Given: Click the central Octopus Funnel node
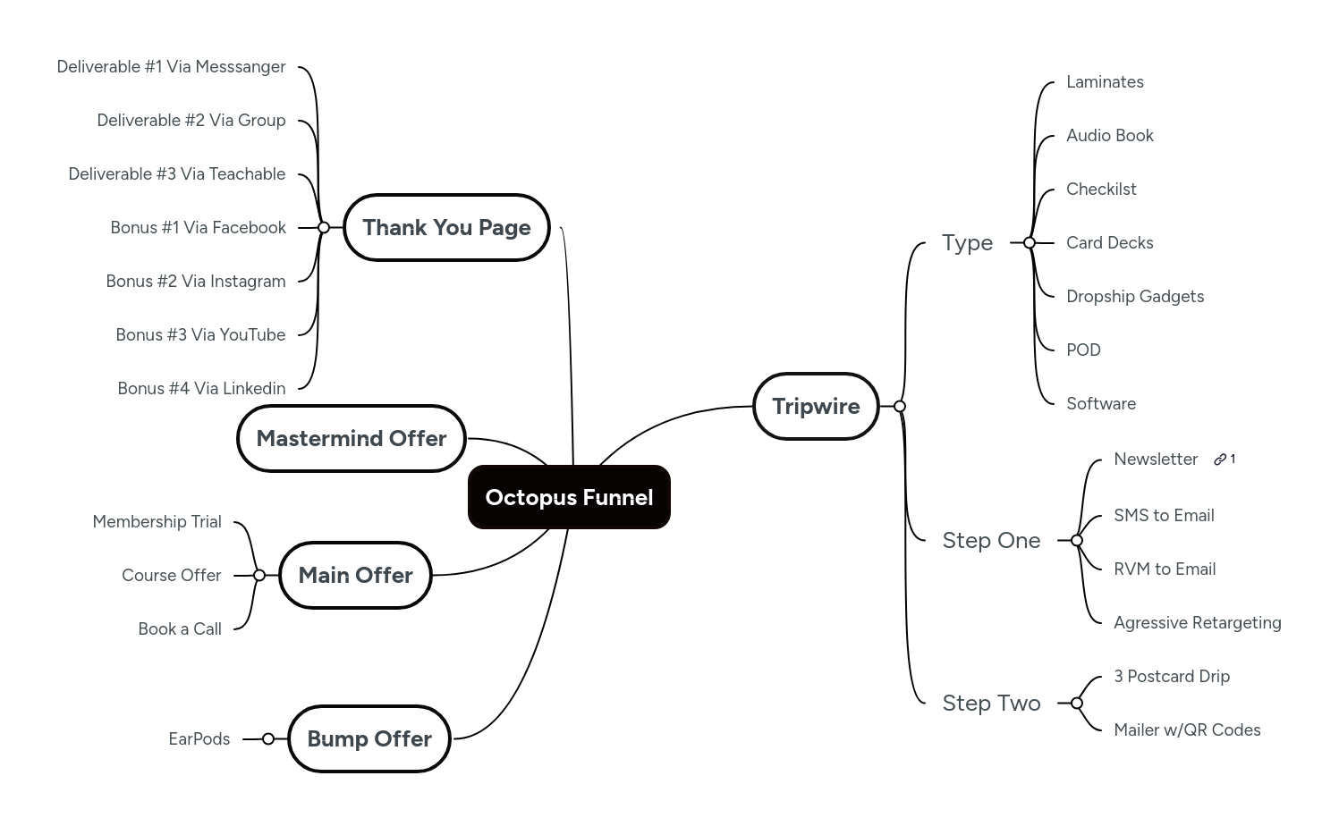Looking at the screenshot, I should pyautogui.click(x=569, y=497).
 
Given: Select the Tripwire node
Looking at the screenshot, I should pyautogui.click(x=816, y=406).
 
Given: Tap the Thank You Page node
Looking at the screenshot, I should pyautogui.click(x=446, y=227).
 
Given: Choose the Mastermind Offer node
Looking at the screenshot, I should pyautogui.click(x=352, y=438).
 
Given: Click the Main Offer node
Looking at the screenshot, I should pyautogui.click(x=355, y=575).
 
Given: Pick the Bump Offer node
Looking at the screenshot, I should pyautogui.click(x=369, y=738).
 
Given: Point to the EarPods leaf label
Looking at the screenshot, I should pyautogui.click(x=199, y=738).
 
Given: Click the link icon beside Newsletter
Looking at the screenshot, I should pyautogui.click(x=1220, y=460).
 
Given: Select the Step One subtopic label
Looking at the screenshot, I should pyautogui.click(x=991, y=540).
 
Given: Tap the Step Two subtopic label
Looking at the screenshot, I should pyautogui.click(x=991, y=703).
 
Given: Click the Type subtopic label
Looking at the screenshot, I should pyautogui.click(x=967, y=242).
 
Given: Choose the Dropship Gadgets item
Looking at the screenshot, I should pyautogui.click(x=1134, y=296).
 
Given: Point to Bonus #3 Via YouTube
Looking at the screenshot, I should pyautogui.click(x=200, y=334).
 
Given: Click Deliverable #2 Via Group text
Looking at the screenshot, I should pyautogui.click(x=191, y=120).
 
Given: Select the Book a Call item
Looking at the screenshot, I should pyautogui.click(x=180, y=628).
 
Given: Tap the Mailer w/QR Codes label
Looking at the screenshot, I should pyautogui.click(x=1187, y=729).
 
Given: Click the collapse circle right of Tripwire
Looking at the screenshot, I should pyautogui.click(x=900, y=406).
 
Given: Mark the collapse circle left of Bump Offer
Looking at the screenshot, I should pyautogui.click(x=268, y=738).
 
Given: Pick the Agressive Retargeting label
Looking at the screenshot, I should pyautogui.click(x=1197, y=622).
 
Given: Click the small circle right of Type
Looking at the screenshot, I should pyautogui.click(x=1030, y=242).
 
